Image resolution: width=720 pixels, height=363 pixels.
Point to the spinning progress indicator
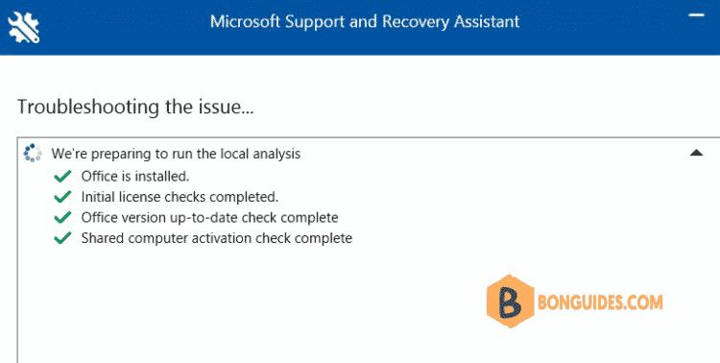pos(32,154)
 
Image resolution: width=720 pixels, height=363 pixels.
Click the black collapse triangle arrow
pos(697,153)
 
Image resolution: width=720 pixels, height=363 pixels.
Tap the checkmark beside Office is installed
pos(63,176)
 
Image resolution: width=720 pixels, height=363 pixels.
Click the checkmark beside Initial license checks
pos(63,196)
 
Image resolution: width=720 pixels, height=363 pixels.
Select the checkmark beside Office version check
pos(63,217)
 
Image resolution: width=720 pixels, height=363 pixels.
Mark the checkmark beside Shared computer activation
pos(63,237)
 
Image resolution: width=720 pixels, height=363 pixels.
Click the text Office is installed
pos(135,176)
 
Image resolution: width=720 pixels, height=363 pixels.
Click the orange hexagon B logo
pos(511,300)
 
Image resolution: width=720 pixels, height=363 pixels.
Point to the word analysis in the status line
pos(275,154)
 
